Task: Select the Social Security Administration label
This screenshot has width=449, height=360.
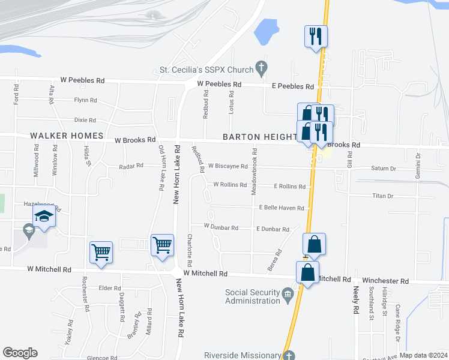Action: tap(252, 296)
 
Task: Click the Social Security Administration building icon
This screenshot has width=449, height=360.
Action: tap(288, 293)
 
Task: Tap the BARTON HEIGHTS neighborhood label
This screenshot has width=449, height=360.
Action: tap(260, 137)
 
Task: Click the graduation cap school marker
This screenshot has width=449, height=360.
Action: tap(44, 217)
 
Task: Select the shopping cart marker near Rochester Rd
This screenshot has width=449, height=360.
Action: tap(101, 252)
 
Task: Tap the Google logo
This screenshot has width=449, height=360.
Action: tap(20, 353)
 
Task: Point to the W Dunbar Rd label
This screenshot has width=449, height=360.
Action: tap(221, 227)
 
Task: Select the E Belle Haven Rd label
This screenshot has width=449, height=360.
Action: tap(282, 208)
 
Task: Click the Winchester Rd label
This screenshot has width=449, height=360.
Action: tap(388, 281)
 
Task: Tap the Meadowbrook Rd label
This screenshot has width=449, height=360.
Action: tap(255, 169)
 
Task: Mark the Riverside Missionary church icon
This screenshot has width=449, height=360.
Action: tap(289, 355)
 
